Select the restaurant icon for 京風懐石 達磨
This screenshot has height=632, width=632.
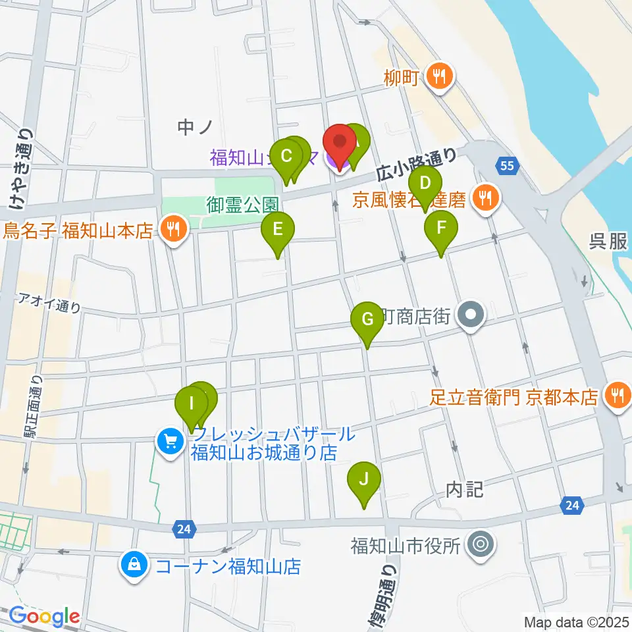tap(486, 196)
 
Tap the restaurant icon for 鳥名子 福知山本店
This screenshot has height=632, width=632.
tap(174, 230)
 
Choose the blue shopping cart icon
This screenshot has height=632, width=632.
tap(170, 440)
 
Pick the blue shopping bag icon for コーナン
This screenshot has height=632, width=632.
tap(134, 564)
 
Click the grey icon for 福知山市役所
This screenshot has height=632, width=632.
tap(479, 544)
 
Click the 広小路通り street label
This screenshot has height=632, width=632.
tap(417, 165)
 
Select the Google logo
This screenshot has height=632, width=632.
tap(44, 617)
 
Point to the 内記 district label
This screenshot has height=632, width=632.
tap(465, 489)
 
